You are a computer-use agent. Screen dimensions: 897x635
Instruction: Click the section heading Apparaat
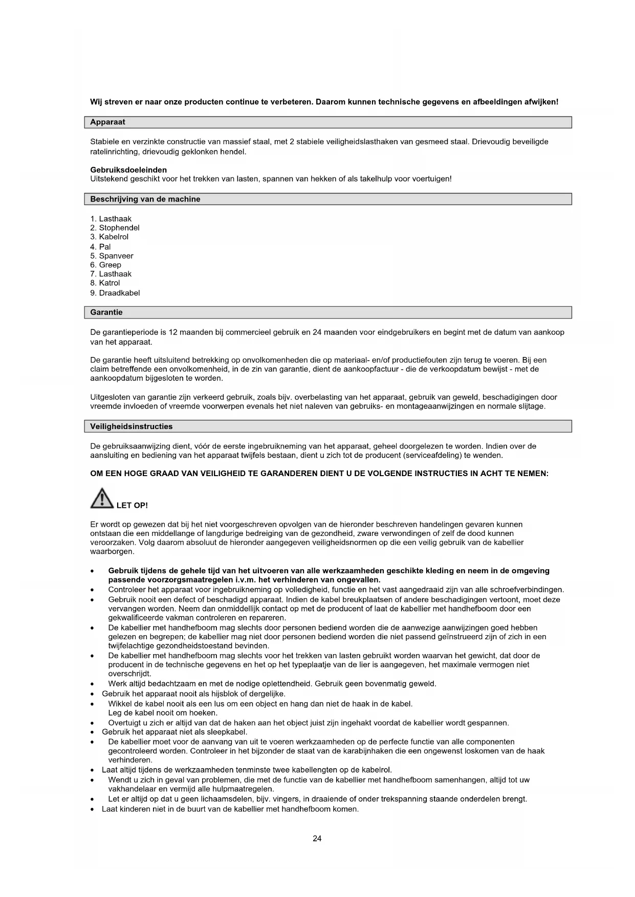point(107,122)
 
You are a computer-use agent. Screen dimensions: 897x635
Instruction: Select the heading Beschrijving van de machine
point(145,199)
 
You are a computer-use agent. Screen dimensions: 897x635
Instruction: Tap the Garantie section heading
point(106,312)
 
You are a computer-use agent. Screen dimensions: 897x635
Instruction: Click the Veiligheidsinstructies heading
point(132,427)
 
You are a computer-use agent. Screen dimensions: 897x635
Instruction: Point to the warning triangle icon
point(102,499)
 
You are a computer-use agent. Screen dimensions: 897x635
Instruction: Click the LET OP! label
point(132,505)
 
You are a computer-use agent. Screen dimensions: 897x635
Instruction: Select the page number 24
point(317,838)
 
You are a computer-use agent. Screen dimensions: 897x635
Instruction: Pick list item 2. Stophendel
point(115,228)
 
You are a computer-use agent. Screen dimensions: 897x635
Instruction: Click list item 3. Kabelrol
point(110,237)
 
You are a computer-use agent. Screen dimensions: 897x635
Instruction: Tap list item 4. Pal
point(100,247)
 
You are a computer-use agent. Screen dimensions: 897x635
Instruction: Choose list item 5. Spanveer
point(112,256)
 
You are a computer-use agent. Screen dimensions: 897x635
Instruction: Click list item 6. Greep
point(106,265)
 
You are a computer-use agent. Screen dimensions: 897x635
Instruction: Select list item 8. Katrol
point(105,283)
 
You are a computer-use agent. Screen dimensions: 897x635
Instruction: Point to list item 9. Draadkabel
point(115,293)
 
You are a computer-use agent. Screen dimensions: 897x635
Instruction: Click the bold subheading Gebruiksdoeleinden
point(128,170)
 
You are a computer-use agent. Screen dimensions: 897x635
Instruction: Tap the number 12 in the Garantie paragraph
point(173,332)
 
